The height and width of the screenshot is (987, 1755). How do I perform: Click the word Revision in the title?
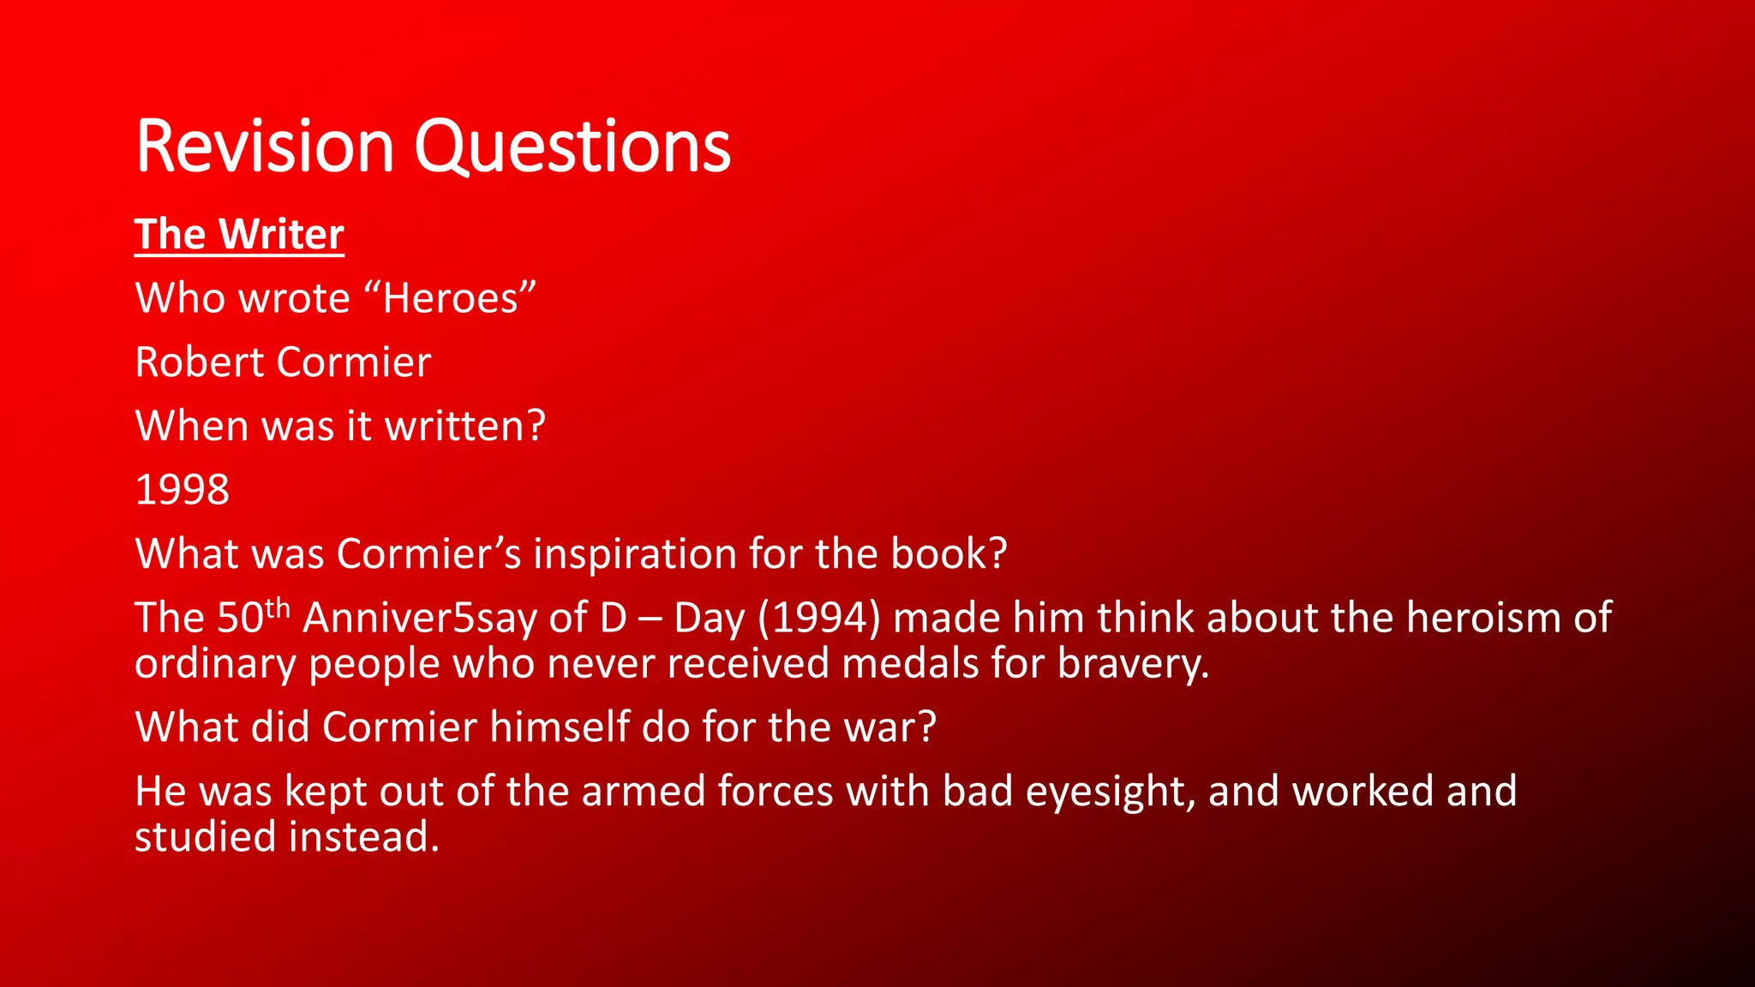click(264, 147)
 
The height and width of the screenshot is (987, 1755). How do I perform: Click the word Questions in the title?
click(572, 147)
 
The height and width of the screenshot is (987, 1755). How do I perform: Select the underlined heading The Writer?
click(239, 235)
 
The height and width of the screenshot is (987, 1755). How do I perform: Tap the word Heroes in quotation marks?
click(451, 298)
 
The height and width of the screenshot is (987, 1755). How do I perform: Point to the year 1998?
click(182, 490)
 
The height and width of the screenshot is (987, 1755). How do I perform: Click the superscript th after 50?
click(278, 607)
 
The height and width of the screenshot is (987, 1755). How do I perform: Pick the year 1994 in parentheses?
click(819, 618)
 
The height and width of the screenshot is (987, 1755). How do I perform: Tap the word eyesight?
click(1110, 791)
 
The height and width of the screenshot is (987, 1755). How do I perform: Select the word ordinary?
click(215, 664)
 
